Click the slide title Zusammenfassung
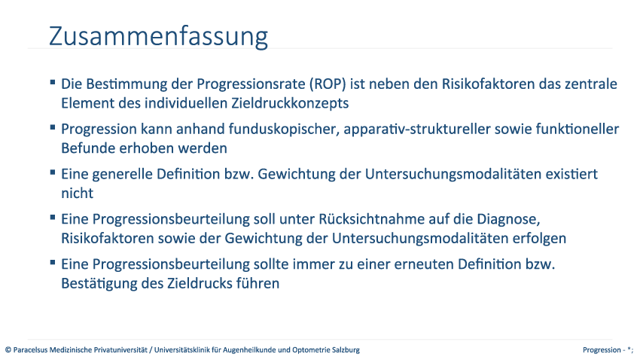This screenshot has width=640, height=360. tap(158, 37)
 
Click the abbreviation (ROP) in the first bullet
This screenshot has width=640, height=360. tap(328, 84)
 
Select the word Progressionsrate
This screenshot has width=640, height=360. tap(251, 84)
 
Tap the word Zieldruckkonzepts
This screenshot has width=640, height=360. tap(290, 103)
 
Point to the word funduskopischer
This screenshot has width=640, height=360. tap(284, 130)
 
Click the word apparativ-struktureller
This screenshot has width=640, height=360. tap(416, 130)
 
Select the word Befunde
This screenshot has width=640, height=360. tap(88, 148)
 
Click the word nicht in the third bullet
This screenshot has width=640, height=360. tap(77, 193)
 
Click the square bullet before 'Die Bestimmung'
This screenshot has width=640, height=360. tap(53, 82)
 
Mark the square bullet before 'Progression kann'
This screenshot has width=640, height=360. tap(53, 127)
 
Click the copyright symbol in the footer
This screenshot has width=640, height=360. tap(8, 349)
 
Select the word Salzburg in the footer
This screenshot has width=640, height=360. tap(346, 349)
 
